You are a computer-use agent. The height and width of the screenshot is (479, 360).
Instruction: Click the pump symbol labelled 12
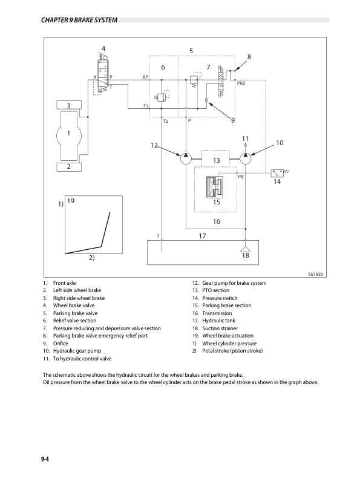(186, 158)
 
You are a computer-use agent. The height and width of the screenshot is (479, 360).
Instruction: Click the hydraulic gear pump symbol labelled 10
(246, 158)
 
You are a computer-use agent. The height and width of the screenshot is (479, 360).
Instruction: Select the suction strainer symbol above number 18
(246, 249)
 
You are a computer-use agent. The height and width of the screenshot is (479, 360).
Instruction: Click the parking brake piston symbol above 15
(215, 187)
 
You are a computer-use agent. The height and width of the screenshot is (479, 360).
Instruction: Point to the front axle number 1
(68, 133)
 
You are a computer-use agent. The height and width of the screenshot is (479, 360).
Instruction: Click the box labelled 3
(69, 105)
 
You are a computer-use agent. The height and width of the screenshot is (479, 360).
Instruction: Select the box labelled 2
(69, 167)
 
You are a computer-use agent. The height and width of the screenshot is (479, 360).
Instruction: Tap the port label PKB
(241, 83)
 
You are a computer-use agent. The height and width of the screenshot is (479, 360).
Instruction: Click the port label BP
(145, 77)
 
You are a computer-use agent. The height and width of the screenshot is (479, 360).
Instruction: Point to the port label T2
(165, 122)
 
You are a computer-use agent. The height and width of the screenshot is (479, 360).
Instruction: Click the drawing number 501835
(315, 274)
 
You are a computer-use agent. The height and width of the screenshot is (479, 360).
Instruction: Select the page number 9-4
(45, 459)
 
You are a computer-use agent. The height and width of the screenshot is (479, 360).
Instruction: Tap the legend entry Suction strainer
(220, 328)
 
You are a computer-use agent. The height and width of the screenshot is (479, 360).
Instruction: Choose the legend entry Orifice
(61, 344)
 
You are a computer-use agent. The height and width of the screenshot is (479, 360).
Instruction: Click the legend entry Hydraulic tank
(219, 321)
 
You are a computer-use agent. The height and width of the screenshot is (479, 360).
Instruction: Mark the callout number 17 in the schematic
(202, 236)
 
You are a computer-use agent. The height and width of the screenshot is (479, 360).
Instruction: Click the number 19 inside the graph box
(71, 201)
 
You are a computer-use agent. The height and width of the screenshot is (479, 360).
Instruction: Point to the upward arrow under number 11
(246, 148)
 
